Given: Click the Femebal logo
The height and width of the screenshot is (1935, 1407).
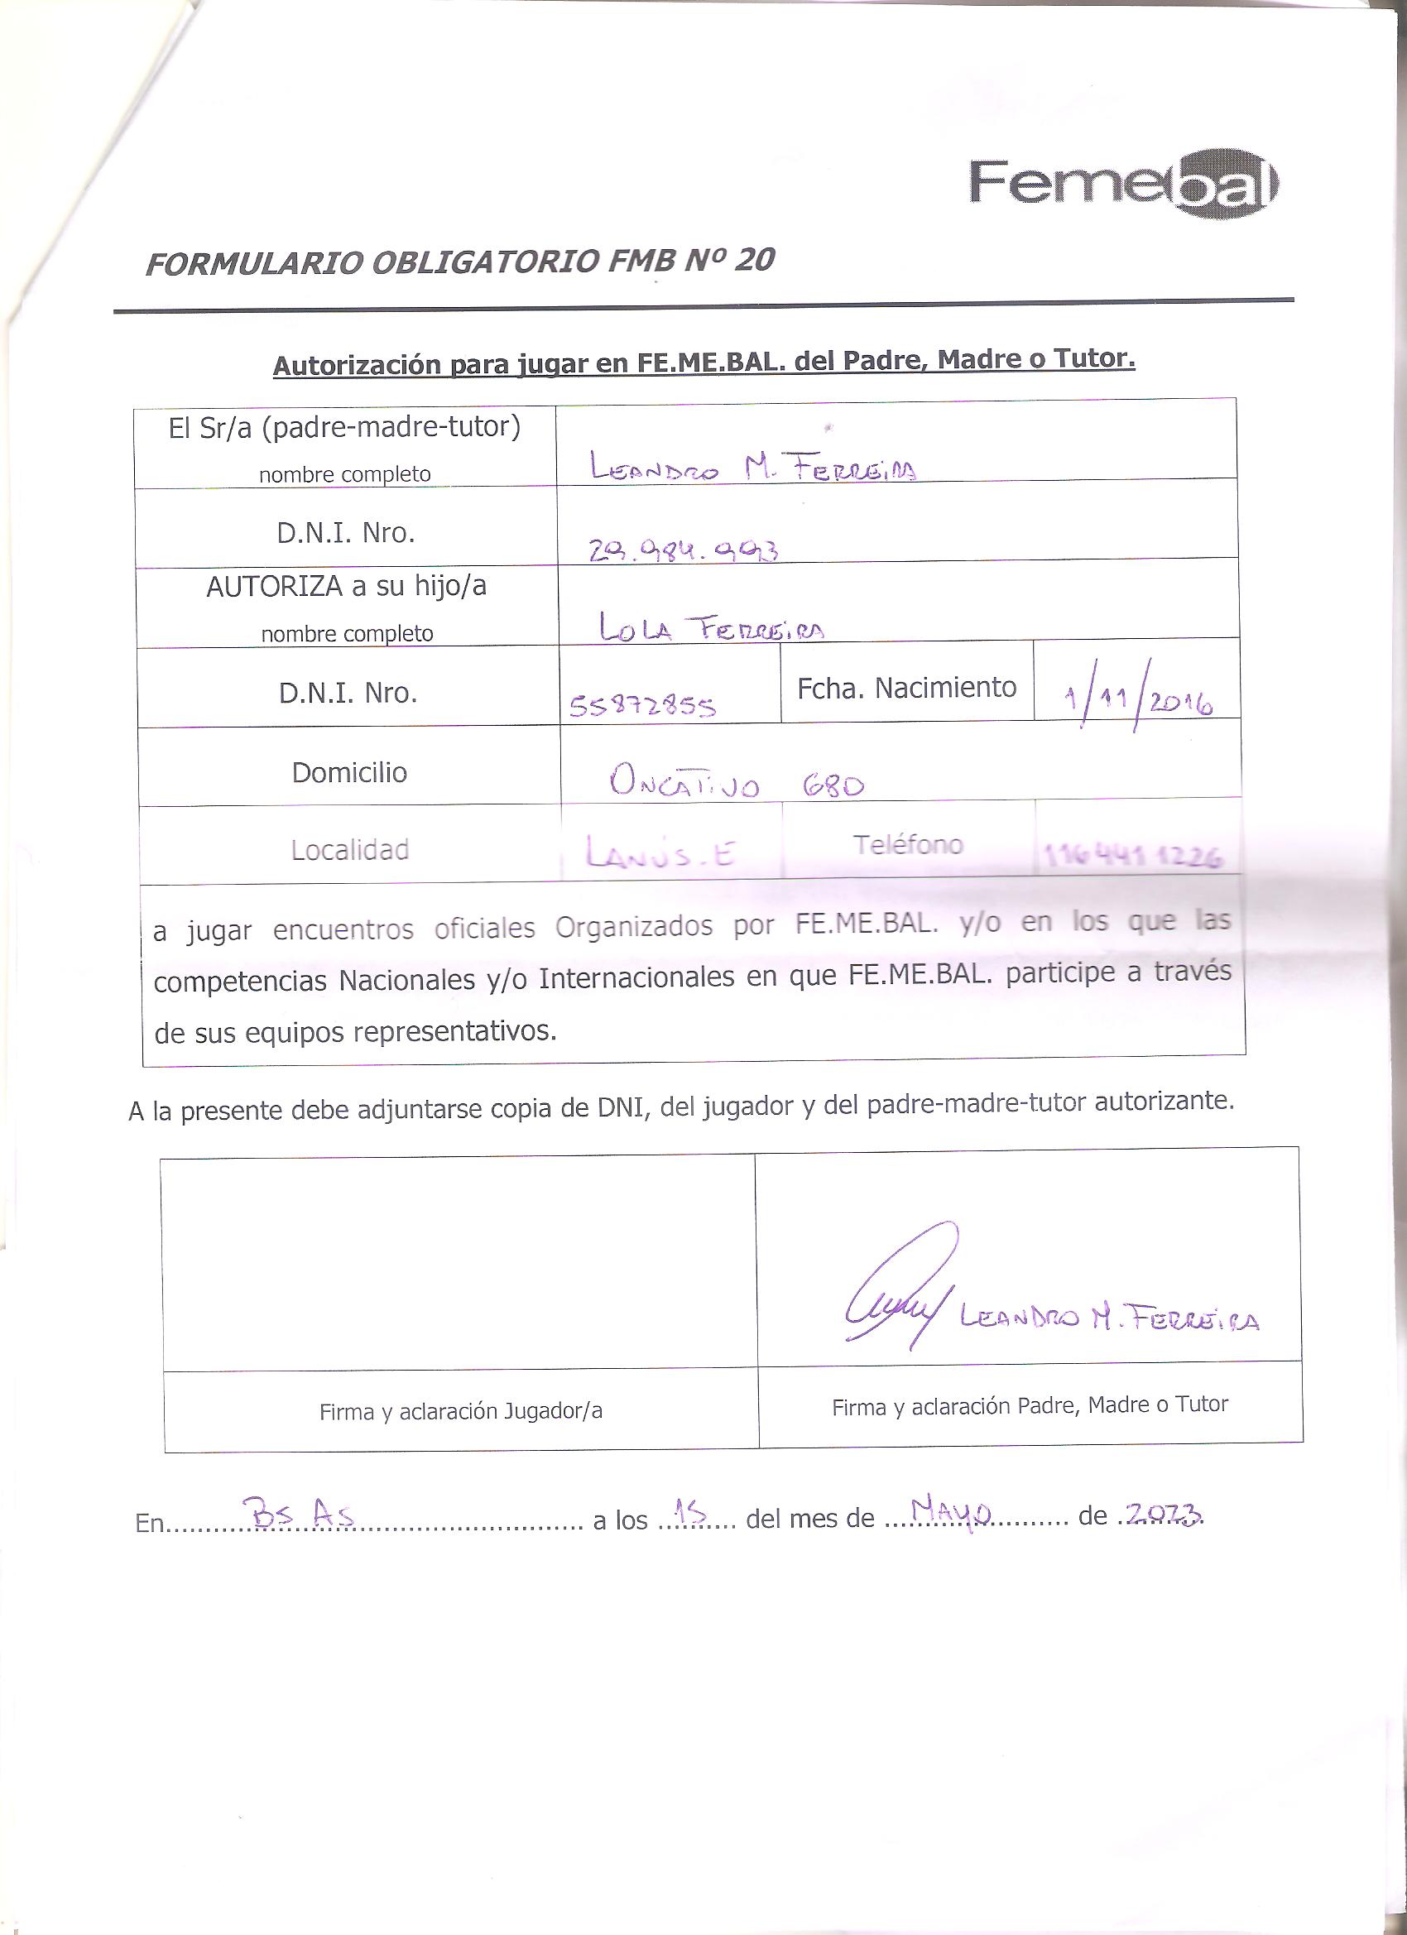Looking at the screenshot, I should point(1123,185).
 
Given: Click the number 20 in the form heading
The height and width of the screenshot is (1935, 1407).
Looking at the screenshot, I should point(754,259).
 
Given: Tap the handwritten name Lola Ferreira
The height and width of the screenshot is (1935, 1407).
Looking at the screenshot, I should point(711,628).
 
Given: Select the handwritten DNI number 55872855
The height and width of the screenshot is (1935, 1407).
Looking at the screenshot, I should point(642,706).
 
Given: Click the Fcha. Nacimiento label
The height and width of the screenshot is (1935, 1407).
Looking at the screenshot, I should point(906,688).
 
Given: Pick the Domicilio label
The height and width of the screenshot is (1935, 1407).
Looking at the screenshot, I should point(349,772).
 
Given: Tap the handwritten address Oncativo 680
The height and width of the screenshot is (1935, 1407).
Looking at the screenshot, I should point(737,781).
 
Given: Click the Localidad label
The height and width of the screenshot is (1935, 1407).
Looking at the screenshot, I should point(350,850).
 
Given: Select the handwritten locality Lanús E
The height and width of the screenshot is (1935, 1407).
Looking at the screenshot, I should point(660,852).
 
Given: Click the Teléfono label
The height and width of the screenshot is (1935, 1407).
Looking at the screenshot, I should point(908,845).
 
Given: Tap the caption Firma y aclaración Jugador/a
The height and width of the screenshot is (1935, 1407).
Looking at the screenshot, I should point(461,1411).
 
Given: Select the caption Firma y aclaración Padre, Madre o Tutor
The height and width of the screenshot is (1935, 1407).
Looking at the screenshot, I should point(1030,1405).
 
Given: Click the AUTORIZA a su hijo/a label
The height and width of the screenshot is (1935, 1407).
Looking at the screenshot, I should point(347,586).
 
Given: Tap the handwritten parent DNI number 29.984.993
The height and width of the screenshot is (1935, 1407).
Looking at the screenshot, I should point(684,550).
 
